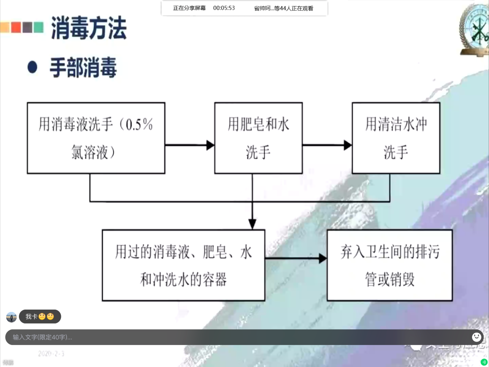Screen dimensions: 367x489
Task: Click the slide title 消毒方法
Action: pyautogui.click(x=89, y=28)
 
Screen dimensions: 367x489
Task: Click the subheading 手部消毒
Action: pyautogui.click(x=83, y=67)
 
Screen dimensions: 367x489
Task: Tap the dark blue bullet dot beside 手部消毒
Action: pyautogui.click(x=32, y=67)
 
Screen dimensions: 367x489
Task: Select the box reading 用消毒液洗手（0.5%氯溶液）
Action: pyautogui.click(x=96, y=138)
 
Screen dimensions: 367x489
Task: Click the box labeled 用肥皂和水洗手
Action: pyautogui.click(x=258, y=138)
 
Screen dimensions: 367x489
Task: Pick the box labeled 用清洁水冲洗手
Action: pyautogui.click(x=396, y=138)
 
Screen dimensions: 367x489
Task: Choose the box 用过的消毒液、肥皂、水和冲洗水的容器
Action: pyautogui.click(x=183, y=265)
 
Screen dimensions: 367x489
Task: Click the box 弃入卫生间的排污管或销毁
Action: pyautogui.click(x=390, y=265)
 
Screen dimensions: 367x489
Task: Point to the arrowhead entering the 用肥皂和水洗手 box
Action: pyautogui.click(x=210, y=145)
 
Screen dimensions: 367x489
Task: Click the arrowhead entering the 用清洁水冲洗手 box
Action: pyautogui.click(x=347, y=145)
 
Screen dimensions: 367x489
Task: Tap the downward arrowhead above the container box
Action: pyautogui.click(x=252, y=224)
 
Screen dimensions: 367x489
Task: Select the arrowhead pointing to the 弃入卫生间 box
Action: pyautogui.click(x=322, y=258)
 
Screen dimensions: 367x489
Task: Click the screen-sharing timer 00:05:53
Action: pyautogui.click(x=224, y=8)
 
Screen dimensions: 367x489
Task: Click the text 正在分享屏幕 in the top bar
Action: pyautogui.click(x=189, y=8)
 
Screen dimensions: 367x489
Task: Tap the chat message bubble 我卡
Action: pyautogui.click(x=40, y=317)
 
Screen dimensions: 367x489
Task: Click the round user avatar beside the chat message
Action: pyautogui.click(x=12, y=317)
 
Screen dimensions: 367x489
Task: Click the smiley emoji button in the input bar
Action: pyautogui.click(x=477, y=337)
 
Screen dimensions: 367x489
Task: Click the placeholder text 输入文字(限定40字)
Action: pyautogui.click(x=42, y=337)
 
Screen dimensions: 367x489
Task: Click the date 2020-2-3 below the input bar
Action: pyautogui.click(x=51, y=354)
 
